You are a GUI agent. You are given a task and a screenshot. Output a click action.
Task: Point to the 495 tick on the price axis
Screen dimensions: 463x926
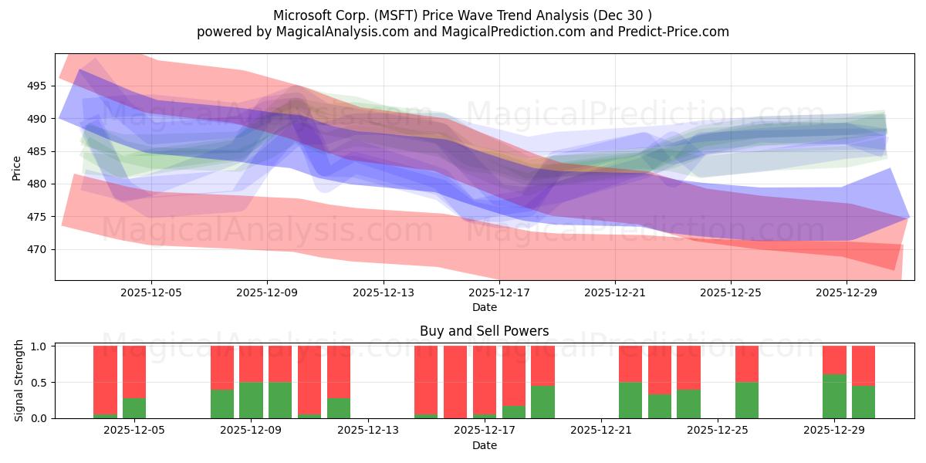[x=37, y=86]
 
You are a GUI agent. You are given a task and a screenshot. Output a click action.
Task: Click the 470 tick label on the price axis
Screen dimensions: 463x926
[x=37, y=249]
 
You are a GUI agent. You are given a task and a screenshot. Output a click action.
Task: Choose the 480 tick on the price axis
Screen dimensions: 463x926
[x=37, y=184]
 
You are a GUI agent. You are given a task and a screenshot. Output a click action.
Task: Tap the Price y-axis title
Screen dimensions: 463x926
[x=17, y=167]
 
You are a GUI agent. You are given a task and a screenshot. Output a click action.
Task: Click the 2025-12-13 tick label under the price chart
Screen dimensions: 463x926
[x=384, y=293]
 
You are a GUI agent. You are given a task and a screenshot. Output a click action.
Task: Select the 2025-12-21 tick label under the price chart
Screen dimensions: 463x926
[x=615, y=293]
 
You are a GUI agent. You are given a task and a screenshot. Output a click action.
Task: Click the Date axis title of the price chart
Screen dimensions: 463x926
[x=485, y=307]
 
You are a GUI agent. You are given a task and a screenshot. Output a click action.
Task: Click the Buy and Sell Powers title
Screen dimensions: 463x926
[x=485, y=331]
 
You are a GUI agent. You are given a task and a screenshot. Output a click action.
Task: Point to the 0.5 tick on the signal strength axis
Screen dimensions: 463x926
[x=39, y=383]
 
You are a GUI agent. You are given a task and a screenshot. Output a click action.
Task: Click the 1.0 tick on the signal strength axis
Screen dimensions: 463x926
[x=39, y=346]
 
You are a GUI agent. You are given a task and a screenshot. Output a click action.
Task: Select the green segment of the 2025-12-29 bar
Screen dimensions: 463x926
[x=834, y=396]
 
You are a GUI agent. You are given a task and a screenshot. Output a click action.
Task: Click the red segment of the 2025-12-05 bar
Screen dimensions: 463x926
[x=134, y=372]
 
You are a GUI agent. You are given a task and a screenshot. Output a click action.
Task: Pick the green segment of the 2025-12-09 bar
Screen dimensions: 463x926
[x=251, y=400]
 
